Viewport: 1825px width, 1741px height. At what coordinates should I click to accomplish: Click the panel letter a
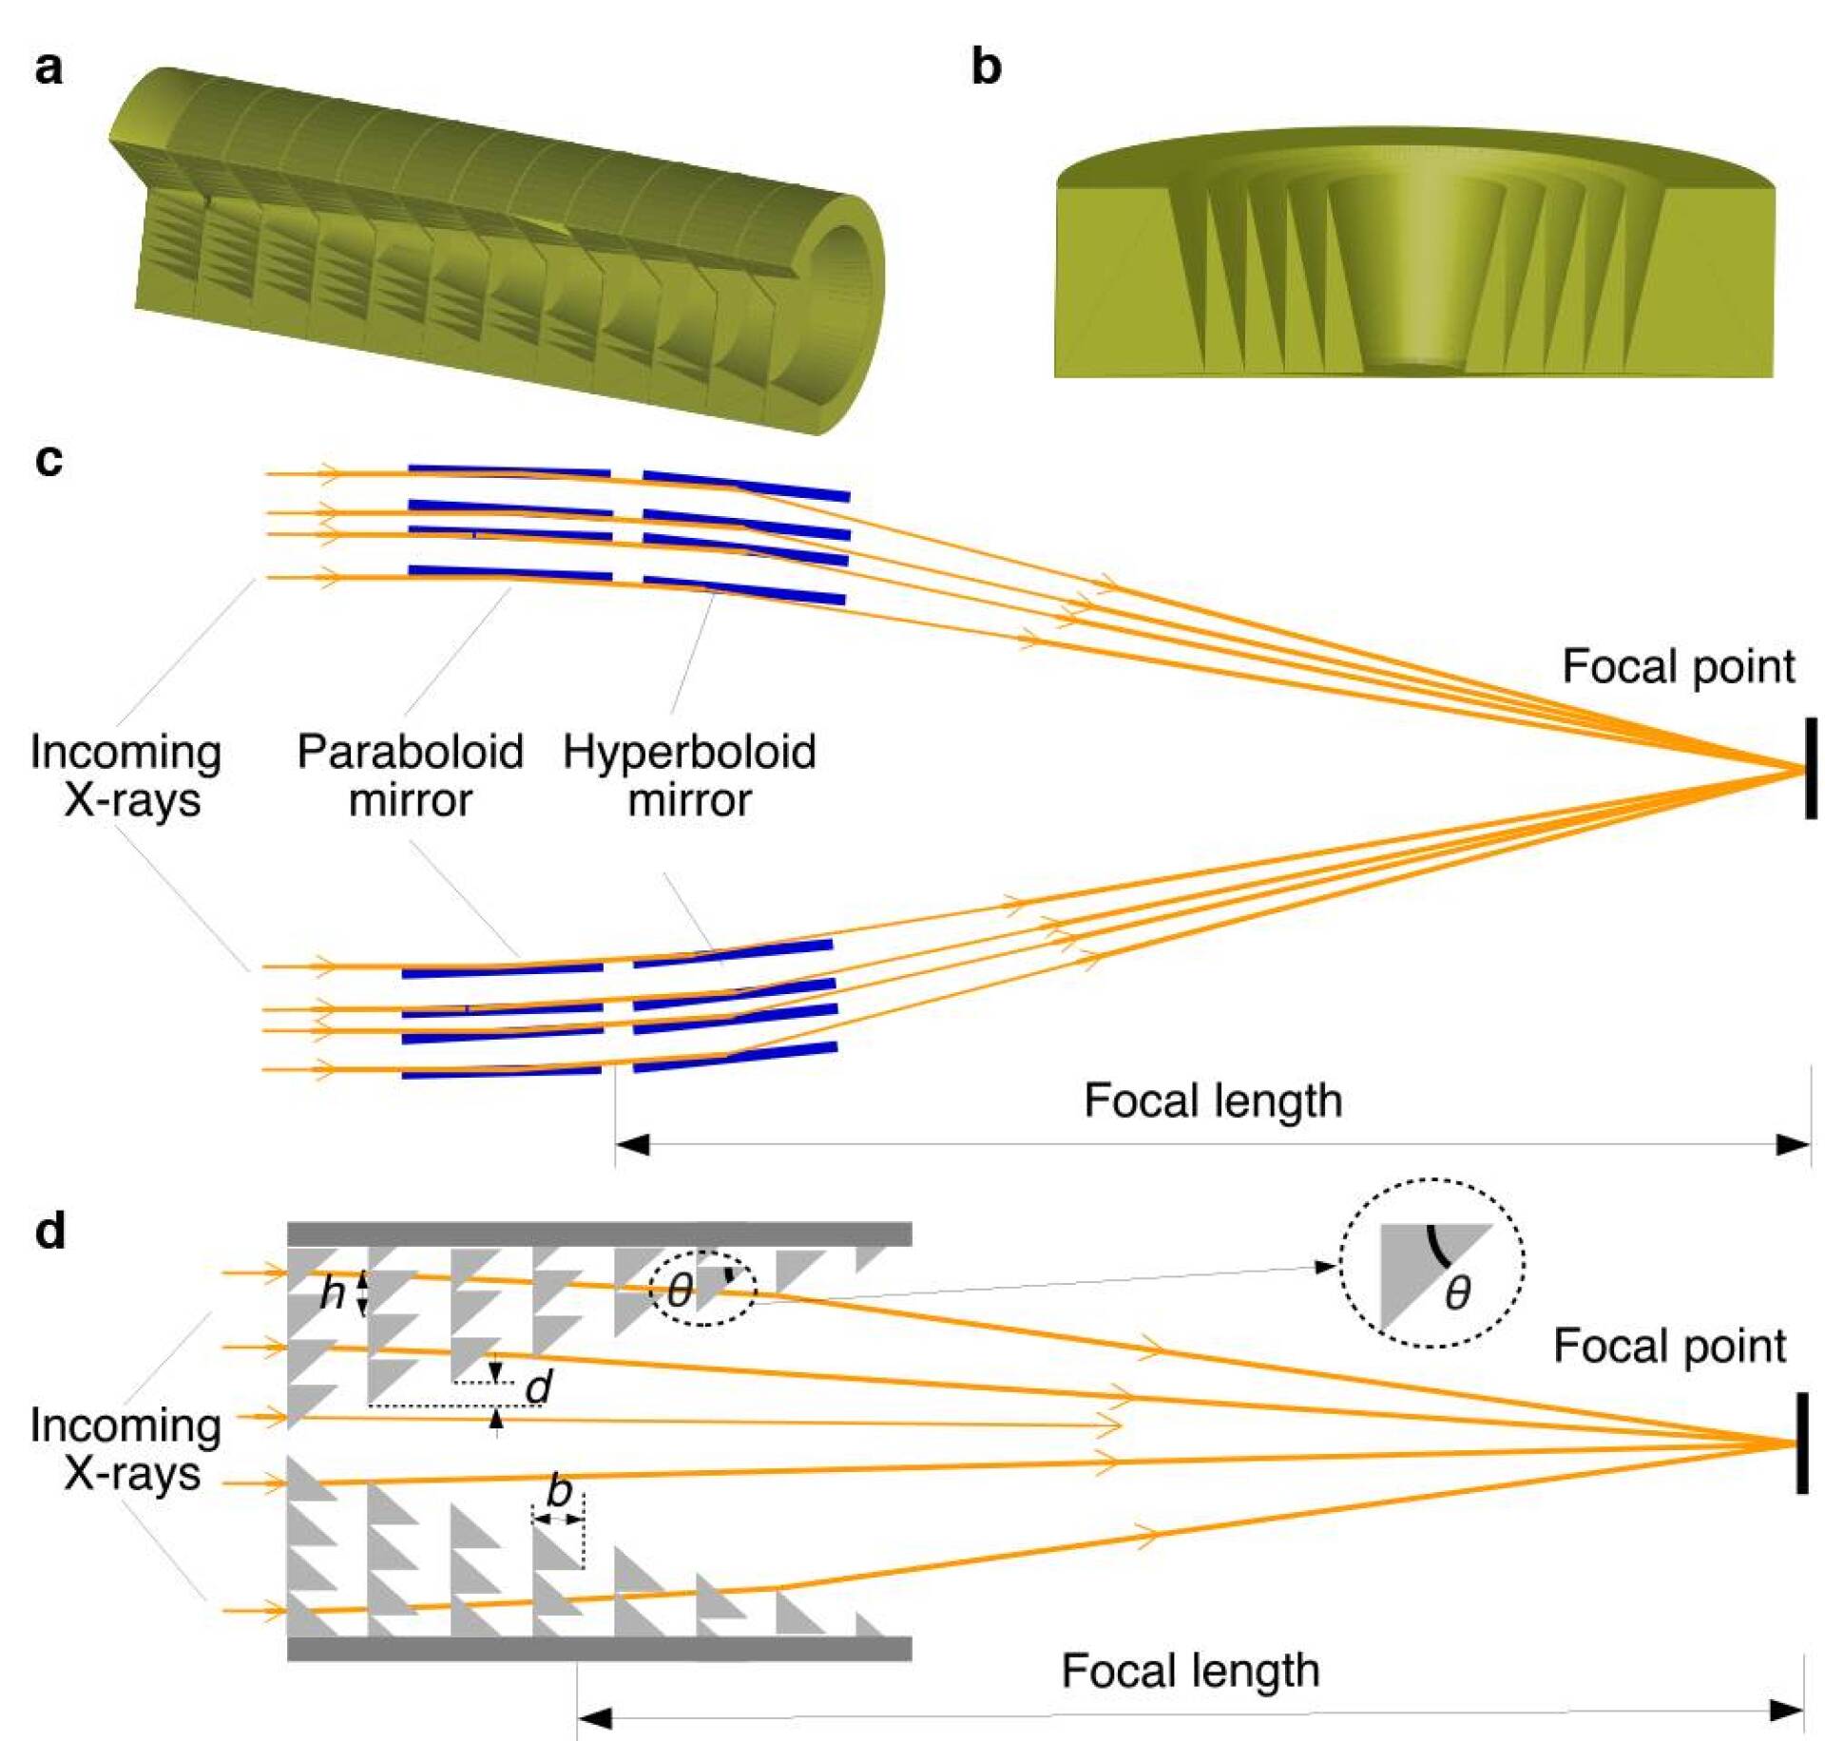[x=48, y=68]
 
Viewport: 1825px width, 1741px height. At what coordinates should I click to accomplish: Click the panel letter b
[x=987, y=68]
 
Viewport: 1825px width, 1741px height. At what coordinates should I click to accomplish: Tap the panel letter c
[x=48, y=460]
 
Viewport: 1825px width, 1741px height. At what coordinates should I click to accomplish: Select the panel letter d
[x=49, y=1232]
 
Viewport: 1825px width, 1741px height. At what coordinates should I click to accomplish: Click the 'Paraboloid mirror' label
[x=410, y=775]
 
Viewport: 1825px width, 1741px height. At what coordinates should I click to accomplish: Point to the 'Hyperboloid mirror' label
[x=689, y=775]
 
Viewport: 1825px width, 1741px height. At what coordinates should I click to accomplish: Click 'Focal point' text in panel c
[x=1678, y=667]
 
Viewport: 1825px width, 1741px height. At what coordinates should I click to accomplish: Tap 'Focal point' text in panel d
[x=1669, y=1347]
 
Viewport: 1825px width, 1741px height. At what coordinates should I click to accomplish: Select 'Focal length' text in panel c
[x=1213, y=1101]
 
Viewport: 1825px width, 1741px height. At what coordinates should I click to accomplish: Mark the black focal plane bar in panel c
[x=1811, y=768]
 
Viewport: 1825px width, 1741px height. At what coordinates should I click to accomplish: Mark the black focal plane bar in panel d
[x=1801, y=1443]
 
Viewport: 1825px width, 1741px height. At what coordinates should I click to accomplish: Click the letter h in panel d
[x=332, y=1292]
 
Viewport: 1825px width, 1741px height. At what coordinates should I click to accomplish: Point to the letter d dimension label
[x=539, y=1387]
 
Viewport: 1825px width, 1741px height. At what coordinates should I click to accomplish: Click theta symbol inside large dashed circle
[x=1457, y=1293]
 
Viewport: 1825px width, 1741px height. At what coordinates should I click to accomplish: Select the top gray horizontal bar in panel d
[x=599, y=1234]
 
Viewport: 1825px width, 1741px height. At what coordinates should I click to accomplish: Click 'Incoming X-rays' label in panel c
[x=125, y=775]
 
